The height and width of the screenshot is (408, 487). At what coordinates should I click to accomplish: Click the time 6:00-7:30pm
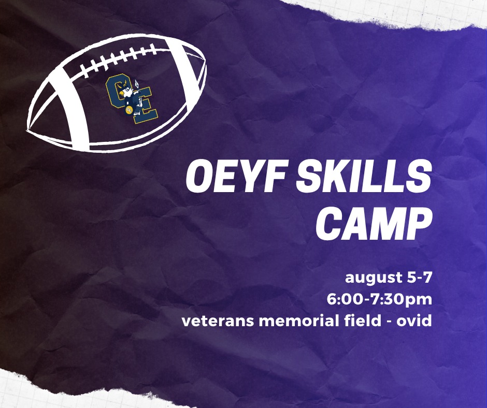[379, 300]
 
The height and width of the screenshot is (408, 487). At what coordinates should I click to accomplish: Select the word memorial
[299, 320]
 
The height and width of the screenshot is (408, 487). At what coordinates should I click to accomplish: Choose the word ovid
[414, 320]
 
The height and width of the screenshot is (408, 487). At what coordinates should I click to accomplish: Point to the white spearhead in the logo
[137, 83]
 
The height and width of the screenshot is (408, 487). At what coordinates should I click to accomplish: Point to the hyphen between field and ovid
[389, 322]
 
